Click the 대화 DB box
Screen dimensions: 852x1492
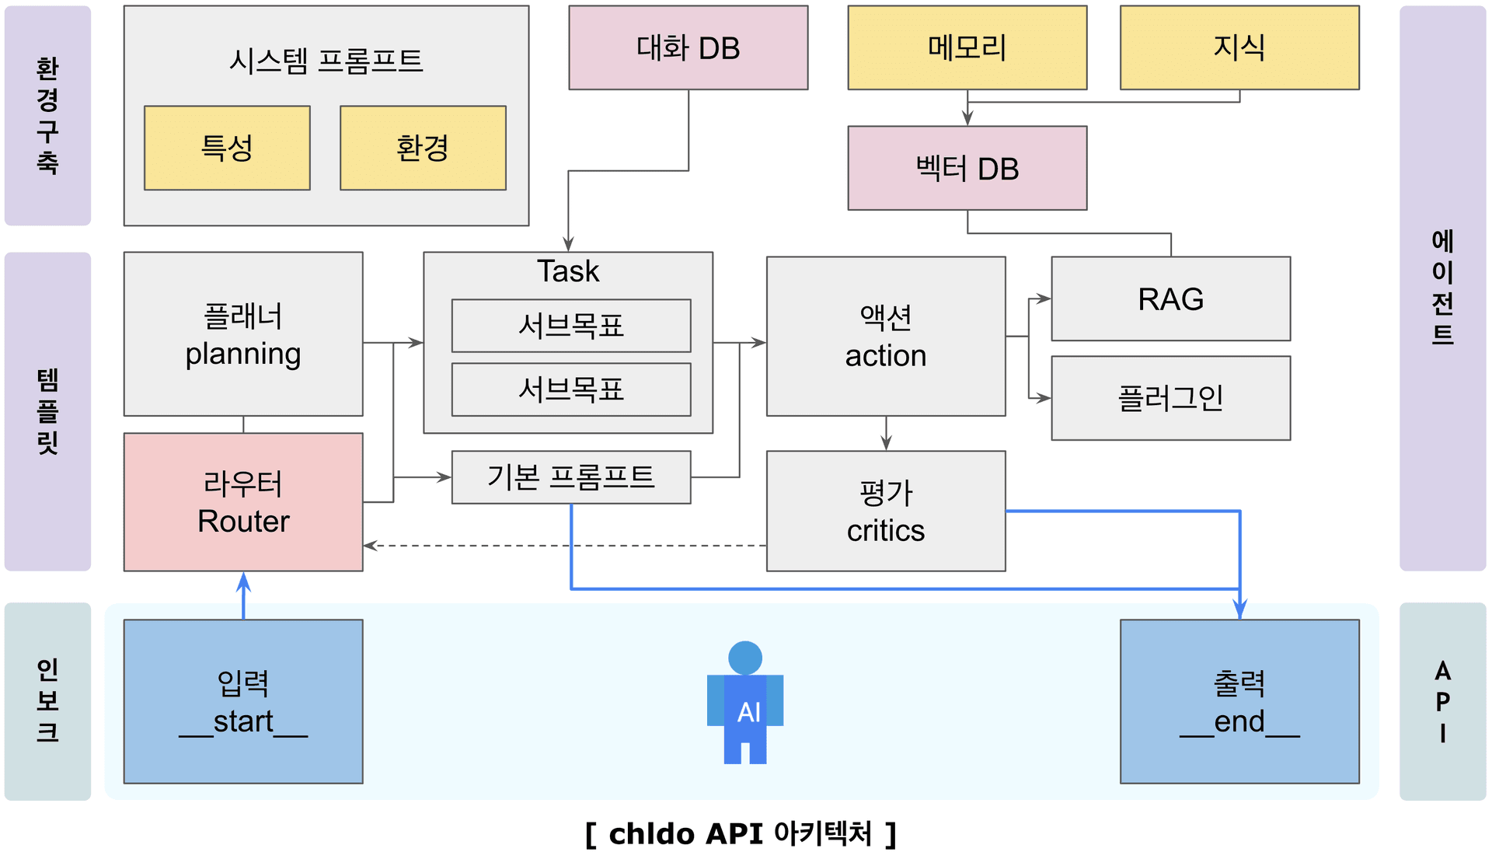(x=688, y=48)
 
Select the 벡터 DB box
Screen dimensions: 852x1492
(x=967, y=169)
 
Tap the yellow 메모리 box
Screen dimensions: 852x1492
(x=967, y=48)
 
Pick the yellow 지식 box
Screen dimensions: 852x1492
(x=1239, y=48)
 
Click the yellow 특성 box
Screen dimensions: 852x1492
(x=227, y=148)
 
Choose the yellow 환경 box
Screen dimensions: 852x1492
(x=423, y=148)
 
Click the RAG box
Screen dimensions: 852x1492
(x=1170, y=299)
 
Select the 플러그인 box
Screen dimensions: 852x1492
(x=1170, y=398)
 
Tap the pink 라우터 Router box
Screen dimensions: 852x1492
(x=243, y=502)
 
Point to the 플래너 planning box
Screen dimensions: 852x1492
(x=243, y=334)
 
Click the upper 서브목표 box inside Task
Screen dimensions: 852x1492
(x=571, y=326)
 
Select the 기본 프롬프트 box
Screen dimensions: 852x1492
(x=571, y=477)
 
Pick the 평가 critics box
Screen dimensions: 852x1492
(x=886, y=512)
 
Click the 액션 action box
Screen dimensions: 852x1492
(x=886, y=337)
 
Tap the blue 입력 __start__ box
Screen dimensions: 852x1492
(x=243, y=701)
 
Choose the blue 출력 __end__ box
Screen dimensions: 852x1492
(x=1239, y=701)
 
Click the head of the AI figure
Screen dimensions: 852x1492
(x=745, y=658)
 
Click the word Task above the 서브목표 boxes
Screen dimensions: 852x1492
(x=568, y=271)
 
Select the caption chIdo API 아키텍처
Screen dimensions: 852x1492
(x=741, y=833)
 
